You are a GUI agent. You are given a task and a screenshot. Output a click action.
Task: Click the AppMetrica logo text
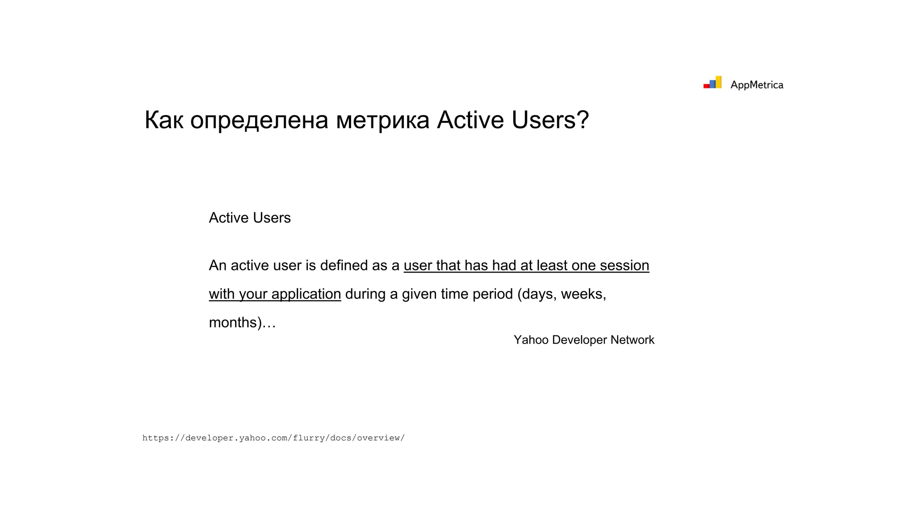[756, 85]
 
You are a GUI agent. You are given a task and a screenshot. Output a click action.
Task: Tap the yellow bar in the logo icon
[718, 82]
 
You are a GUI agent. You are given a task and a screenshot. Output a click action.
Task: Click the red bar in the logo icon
[706, 86]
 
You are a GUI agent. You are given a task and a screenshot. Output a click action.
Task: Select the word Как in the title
[164, 120]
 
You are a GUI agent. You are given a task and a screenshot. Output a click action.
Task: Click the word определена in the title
[259, 120]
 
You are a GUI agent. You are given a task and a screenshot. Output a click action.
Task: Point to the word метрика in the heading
[382, 120]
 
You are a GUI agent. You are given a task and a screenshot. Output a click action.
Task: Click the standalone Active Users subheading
[250, 218]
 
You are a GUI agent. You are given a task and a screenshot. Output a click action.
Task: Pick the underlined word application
[306, 294]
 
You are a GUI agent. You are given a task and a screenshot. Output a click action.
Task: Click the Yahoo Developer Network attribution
[583, 340]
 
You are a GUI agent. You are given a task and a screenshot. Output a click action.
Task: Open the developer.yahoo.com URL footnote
[273, 438]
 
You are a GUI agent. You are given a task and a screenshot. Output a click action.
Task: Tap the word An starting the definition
[218, 265]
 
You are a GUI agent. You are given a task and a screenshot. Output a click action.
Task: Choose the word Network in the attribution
[632, 340]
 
